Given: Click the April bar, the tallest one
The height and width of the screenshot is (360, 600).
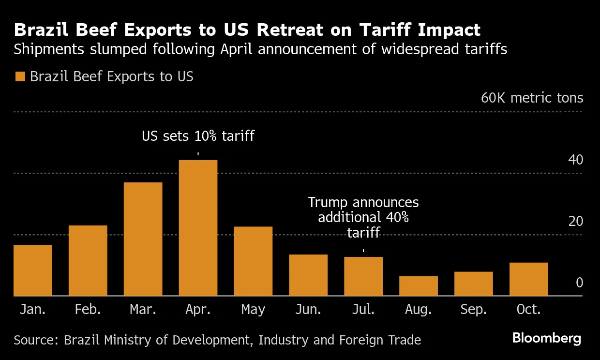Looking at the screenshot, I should coord(198,227).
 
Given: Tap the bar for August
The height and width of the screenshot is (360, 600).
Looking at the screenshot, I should coord(419,285).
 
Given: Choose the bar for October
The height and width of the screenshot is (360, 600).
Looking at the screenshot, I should coord(528,279).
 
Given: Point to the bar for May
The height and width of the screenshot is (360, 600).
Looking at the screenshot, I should coord(253,261).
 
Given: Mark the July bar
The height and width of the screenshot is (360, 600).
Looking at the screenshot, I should coord(363,276).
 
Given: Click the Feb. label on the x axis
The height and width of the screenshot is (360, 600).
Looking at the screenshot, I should coord(88,310).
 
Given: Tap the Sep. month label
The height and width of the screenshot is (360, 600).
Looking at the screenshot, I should coord(473,310).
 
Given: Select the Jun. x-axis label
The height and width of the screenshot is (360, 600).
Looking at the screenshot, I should coord(308,310).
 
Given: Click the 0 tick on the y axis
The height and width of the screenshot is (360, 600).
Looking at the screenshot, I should coord(579,283).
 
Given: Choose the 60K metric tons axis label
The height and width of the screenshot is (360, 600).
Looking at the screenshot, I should coord(532,98).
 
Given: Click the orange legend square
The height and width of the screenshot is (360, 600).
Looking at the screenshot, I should coord(20,77).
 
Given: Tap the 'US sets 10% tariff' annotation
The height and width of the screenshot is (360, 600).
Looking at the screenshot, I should coord(198,136).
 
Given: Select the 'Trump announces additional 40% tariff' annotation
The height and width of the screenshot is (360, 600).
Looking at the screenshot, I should coord(363,217).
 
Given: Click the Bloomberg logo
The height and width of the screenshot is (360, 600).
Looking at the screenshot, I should coord(547,338).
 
